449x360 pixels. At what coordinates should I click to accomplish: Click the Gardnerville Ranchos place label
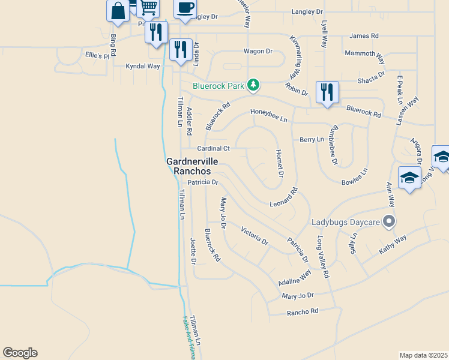tap(192, 166)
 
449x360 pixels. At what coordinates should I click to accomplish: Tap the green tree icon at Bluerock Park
tap(253, 86)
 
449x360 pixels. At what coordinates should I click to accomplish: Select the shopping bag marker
tap(118, 11)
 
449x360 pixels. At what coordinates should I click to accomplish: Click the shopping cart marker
tap(148, 7)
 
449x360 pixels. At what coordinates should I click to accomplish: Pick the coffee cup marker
tap(185, 8)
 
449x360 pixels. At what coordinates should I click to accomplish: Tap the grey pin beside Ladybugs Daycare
tap(390, 222)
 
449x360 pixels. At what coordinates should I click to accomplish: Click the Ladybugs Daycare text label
tap(346, 223)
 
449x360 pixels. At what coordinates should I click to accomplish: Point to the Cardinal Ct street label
tap(214, 148)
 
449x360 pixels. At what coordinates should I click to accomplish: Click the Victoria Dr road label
tap(255, 235)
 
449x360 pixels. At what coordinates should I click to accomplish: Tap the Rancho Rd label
tap(302, 312)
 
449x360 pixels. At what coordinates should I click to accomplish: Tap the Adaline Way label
tap(295, 278)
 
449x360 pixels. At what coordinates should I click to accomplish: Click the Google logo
tap(20, 353)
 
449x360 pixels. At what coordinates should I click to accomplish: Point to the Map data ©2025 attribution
tap(423, 355)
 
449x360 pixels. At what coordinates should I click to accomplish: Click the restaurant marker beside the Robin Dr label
tap(327, 92)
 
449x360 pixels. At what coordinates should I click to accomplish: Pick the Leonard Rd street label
tap(283, 198)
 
